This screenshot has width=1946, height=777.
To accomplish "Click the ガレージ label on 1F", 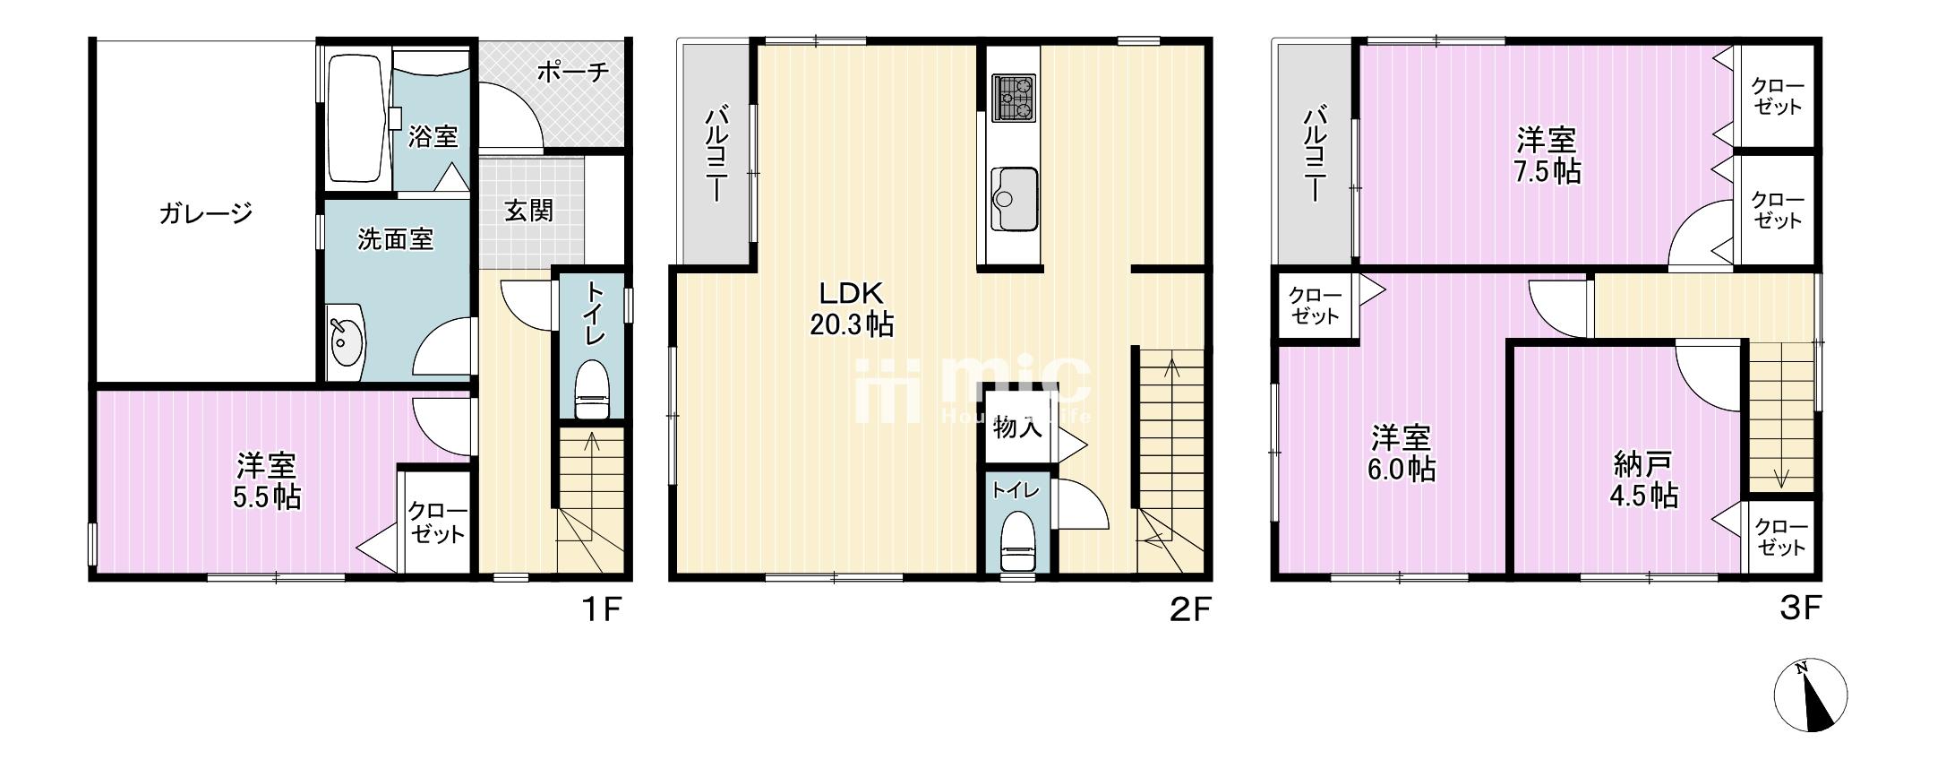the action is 205,214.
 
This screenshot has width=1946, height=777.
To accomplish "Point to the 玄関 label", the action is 528,211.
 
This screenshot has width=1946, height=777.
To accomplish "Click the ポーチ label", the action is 573,72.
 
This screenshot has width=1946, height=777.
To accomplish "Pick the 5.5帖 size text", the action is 267,496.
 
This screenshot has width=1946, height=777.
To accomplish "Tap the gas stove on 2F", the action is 1013,97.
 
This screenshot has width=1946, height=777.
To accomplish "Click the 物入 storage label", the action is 1017,428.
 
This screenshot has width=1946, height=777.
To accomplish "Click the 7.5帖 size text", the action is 1547,171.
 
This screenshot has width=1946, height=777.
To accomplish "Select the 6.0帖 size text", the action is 1402,469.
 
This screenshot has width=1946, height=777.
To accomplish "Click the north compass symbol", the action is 1811,695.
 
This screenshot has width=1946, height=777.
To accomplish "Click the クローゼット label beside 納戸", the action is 1780,536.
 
